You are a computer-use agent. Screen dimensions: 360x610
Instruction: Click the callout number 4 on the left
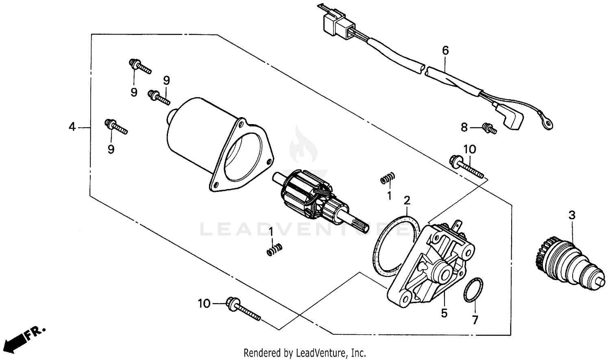tap(72, 127)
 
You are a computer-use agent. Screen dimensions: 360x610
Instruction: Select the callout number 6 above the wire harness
tap(445, 51)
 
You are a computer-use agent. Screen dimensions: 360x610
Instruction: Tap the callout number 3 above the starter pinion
tap(572, 215)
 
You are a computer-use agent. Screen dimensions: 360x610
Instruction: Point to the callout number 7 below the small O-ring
tap(475, 319)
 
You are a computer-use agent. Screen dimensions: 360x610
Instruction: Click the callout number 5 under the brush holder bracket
tap(444, 313)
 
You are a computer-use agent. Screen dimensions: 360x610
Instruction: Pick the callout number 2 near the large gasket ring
tap(407, 200)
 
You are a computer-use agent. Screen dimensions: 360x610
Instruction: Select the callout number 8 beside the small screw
tap(464, 127)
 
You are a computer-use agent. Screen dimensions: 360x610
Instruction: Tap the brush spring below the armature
tap(275, 249)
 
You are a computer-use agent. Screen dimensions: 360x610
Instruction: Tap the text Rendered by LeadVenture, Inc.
tap(305, 352)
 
